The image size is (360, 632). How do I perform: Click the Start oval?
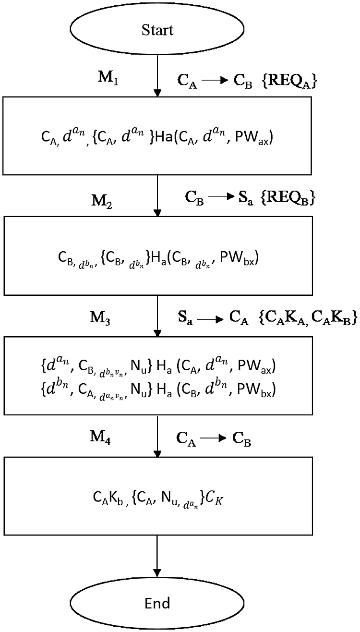click(157, 31)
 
